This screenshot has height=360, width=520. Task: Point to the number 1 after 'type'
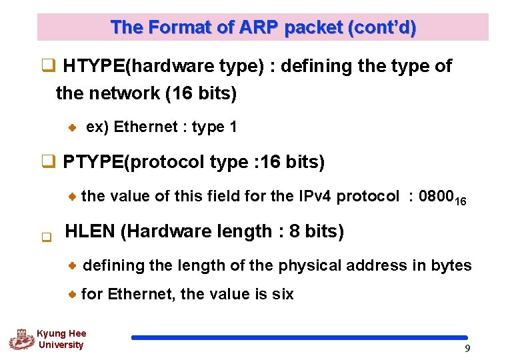pyautogui.click(x=233, y=127)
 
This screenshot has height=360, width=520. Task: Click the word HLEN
pyautogui.click(x=90, y=231)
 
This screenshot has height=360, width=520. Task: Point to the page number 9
pyautogui.click(x=467, y=349)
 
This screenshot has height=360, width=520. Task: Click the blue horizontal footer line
pyautogui.click(x=299, y=338)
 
